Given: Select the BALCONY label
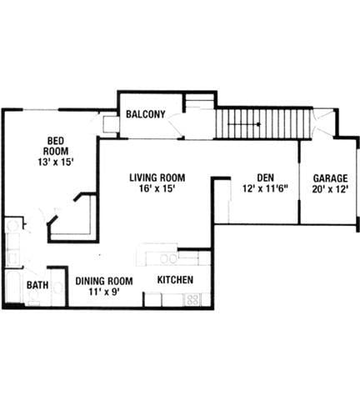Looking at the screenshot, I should point(144,115).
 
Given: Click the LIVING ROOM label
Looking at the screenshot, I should point(157,177).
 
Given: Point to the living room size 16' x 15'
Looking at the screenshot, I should point(157,188).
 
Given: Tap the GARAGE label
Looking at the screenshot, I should point(330,177).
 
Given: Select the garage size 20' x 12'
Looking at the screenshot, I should point(330,188).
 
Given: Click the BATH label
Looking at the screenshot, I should point(37,286).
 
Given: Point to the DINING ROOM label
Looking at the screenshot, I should point(105,281).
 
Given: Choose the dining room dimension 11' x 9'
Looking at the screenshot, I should point(105,292).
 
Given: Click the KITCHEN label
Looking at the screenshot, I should point(176,280).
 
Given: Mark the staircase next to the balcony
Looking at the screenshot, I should point(262,124).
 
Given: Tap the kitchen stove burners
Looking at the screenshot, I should point(194,299).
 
